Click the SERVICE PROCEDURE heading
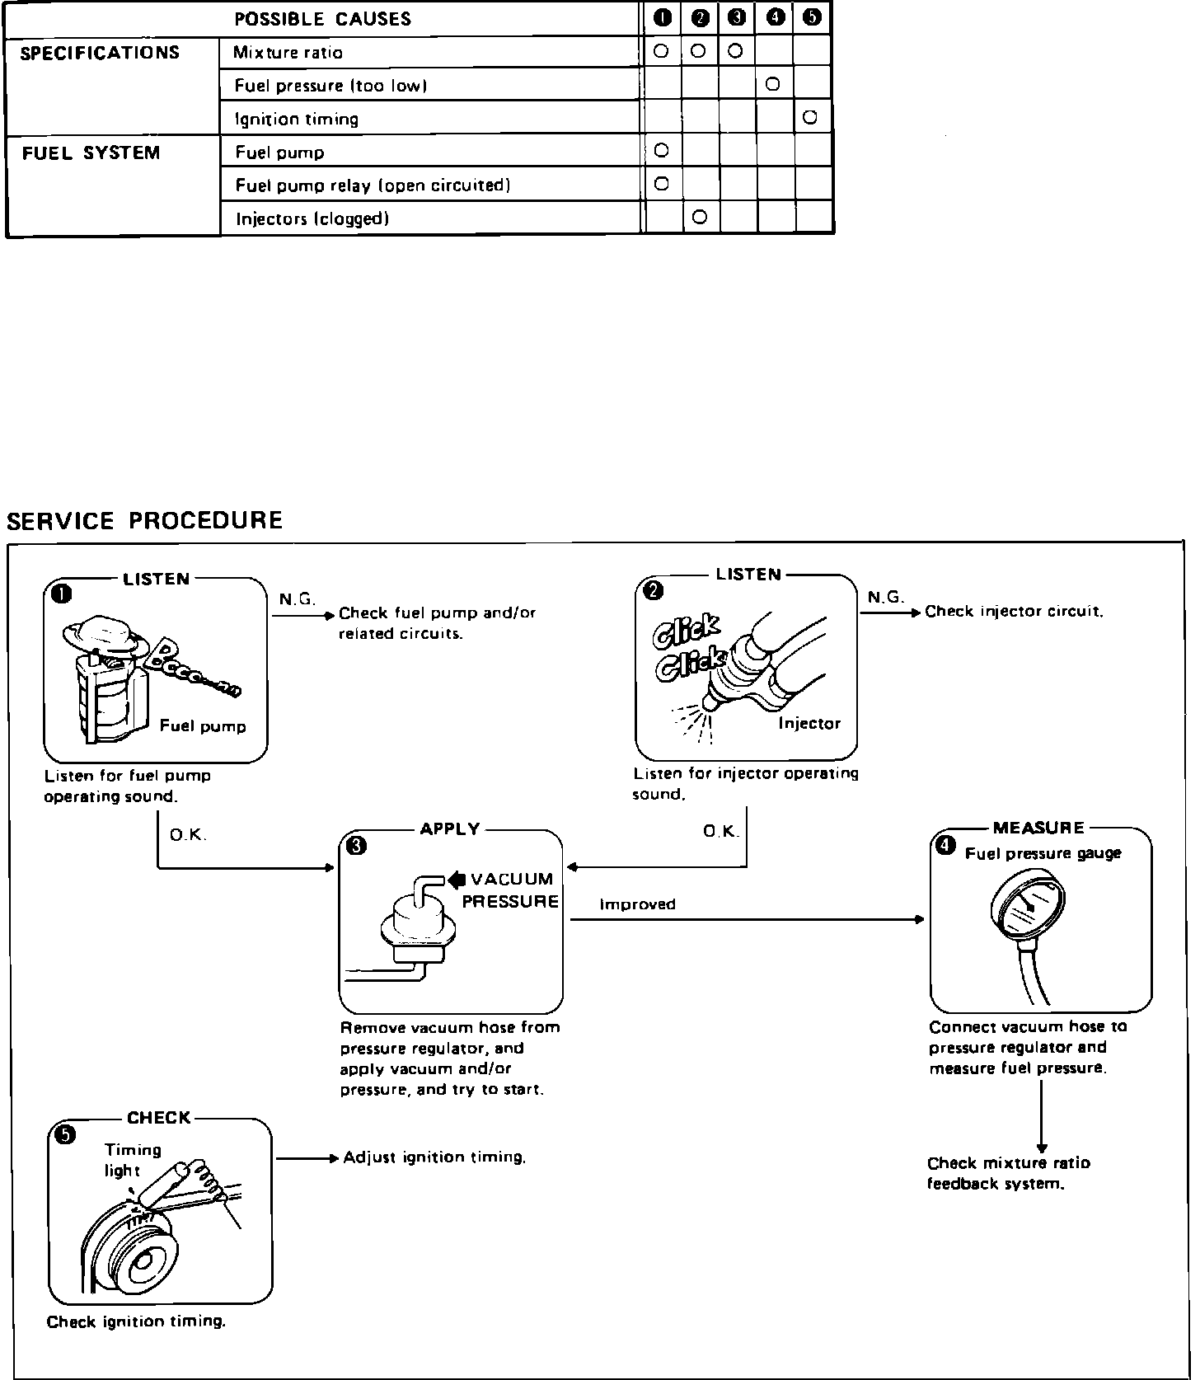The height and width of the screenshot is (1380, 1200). (144, 521)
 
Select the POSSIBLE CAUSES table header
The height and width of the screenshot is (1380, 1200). (322, 19)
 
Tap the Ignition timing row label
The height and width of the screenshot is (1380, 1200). (297, 120)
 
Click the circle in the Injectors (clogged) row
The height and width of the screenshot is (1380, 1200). (701, 218)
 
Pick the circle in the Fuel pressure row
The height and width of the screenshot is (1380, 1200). (773, 84)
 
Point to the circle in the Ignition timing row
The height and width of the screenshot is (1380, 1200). (810, 118)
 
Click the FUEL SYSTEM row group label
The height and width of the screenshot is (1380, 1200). (91, 153)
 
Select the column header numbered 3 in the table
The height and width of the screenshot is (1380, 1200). (736, 19)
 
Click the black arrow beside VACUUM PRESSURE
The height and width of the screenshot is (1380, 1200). (456, 879)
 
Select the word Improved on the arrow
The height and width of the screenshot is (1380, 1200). (637, 904)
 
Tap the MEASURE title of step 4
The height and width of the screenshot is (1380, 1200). (1038, 828)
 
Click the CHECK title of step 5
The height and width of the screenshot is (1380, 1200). (159, 1118)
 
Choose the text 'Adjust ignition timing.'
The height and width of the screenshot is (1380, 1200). (434, 1157)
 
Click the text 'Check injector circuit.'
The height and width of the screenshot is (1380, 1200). (1014, 612)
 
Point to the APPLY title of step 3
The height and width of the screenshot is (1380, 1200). (450, 829)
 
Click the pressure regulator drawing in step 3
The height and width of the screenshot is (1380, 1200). (418, 927)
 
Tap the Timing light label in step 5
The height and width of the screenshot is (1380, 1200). (132, 1160)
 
